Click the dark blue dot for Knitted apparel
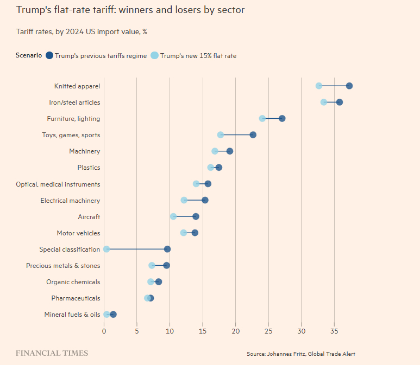coord(349,86)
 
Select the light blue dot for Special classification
coord(106,249)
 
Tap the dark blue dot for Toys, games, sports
coord(253,135)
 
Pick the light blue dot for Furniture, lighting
coord(262,118)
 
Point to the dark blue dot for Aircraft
coord(196,216)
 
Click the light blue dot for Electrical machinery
coord(184,200)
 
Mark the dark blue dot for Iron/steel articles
coord(340,102)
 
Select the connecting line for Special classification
coord(137,249)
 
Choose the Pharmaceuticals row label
coord(76,298)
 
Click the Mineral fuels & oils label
coord(72,314)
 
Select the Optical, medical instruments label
coord(58,184)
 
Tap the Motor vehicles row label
coord(78,233)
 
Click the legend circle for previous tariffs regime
coord(49,55)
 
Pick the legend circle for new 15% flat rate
coord(154,55)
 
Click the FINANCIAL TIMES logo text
coord(52,353)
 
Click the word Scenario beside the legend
coord(29,55)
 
